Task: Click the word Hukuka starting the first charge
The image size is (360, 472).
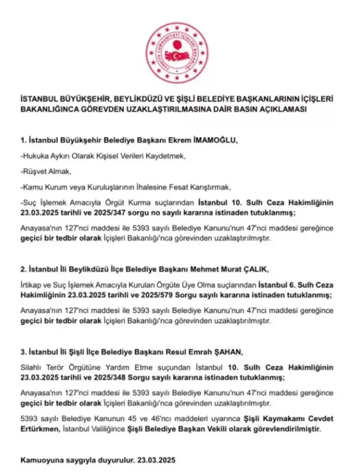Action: tap(35, 156)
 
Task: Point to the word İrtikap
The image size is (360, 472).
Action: tap(33, 285)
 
